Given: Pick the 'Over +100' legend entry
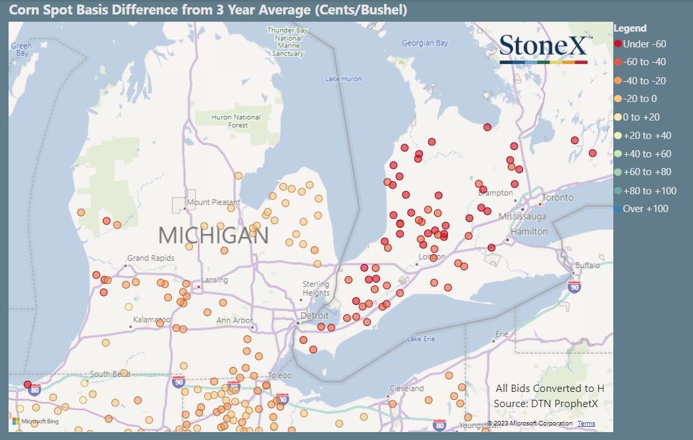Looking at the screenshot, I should (x=642, y=209).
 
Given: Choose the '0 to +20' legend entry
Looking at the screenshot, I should (x=641, y=117).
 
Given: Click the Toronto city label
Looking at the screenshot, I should (x=558, y=198).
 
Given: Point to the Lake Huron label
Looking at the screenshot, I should (x=343, y=79).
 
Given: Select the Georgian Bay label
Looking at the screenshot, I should (x=425, y=43).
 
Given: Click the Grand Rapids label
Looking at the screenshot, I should (x=151, y=258).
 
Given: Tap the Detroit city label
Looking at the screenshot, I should (x=314, y=316).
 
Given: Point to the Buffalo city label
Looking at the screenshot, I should (x=588, y=265).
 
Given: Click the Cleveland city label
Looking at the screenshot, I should (x=406, y=389).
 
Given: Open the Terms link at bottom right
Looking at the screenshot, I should (x=586, y=424).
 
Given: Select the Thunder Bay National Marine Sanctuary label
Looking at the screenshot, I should (x=288, y=41).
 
